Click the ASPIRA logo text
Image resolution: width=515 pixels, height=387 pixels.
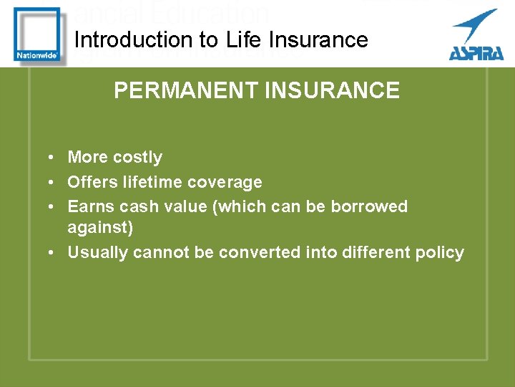(475, 52)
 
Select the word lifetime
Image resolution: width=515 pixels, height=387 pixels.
(150, 182)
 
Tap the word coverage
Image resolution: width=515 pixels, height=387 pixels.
(227, 183)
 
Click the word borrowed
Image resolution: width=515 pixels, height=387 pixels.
(369, 206)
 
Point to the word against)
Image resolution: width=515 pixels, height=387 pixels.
(100, 228)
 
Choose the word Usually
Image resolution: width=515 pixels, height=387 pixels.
(96, 252)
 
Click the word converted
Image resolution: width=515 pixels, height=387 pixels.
(262, 252)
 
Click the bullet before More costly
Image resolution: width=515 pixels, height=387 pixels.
(53, 158)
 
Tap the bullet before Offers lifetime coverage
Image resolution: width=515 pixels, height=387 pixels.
(53, 183)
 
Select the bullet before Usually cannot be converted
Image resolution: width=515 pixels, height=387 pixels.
(53, 252)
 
